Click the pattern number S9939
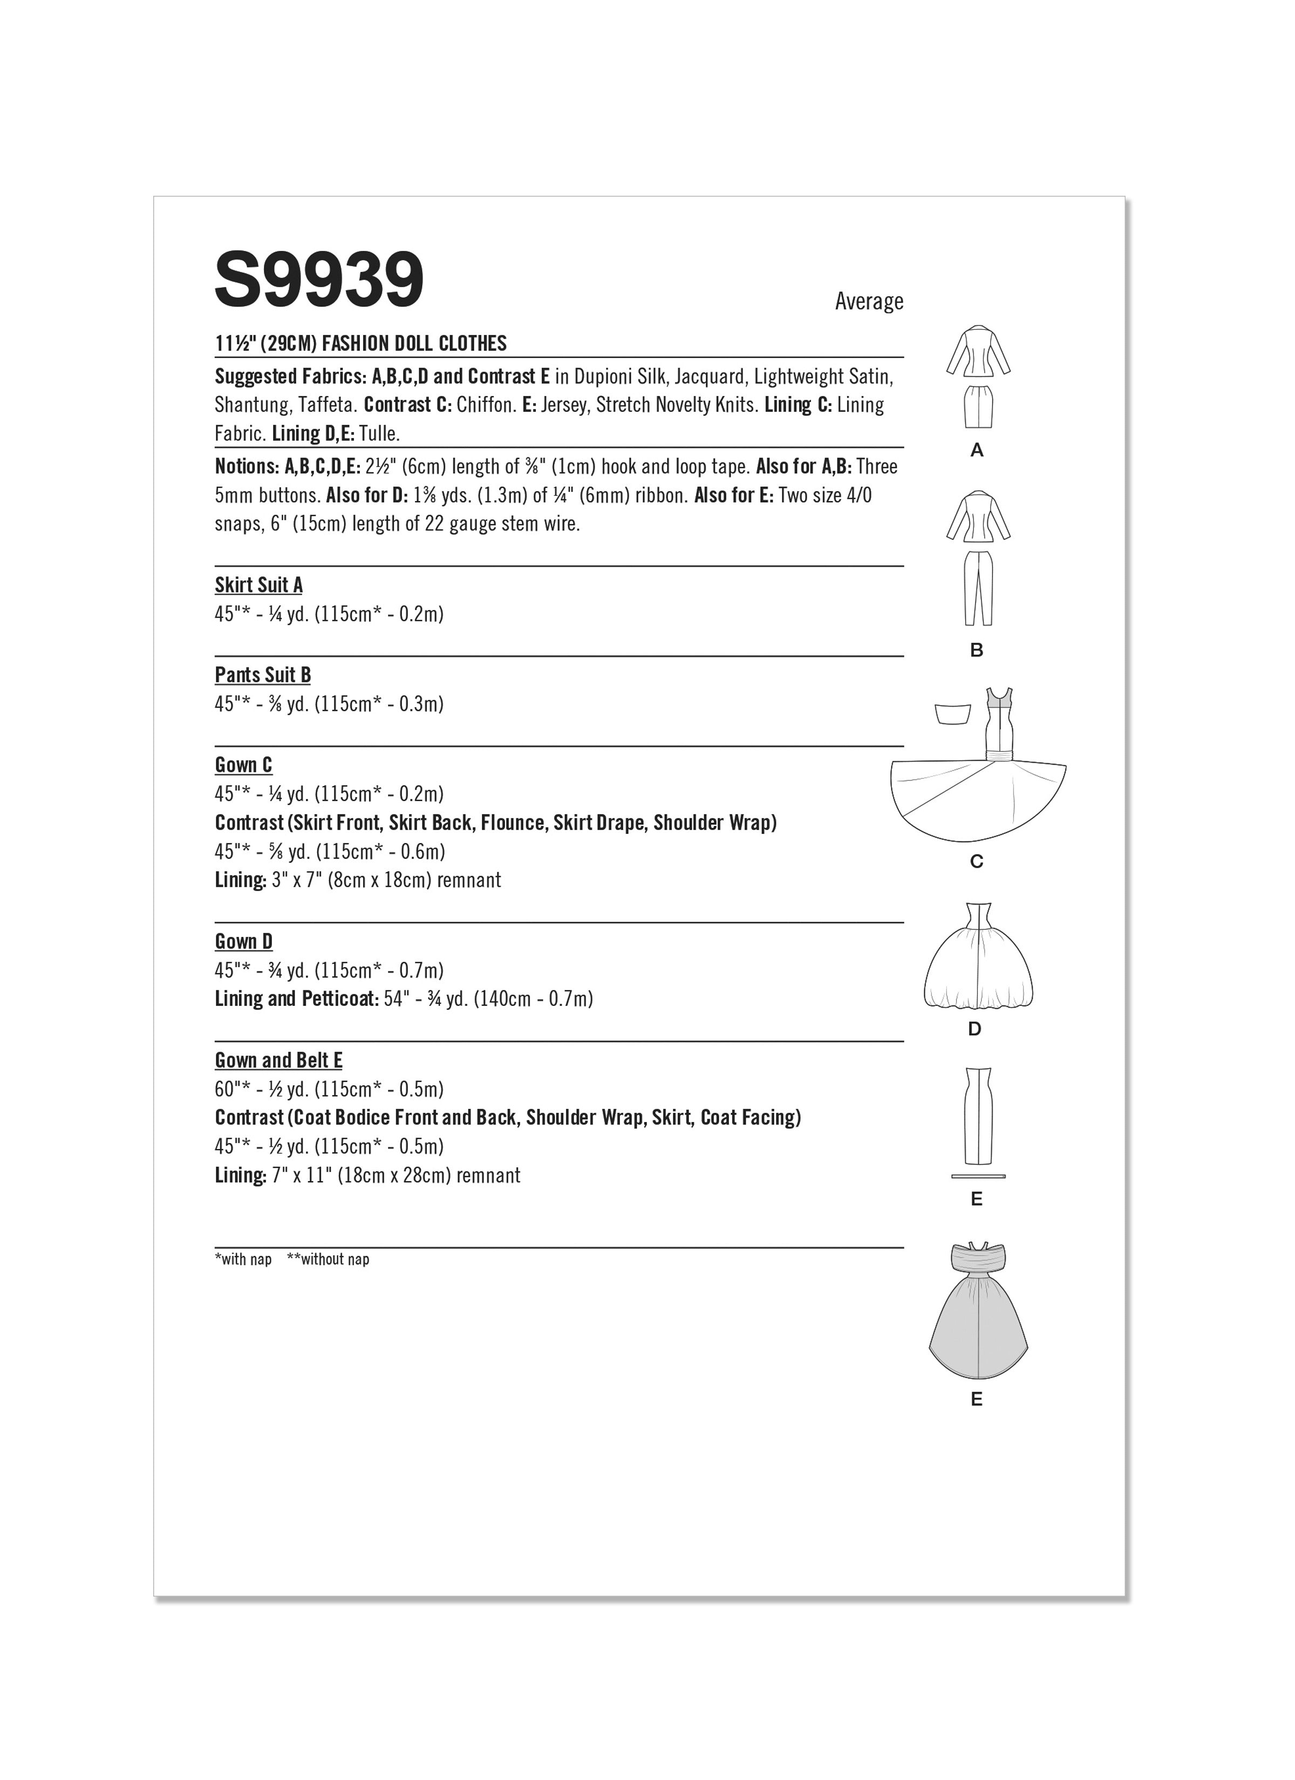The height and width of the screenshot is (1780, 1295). [x=319, y=280]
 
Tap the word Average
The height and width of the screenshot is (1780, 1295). [x=869, y=302]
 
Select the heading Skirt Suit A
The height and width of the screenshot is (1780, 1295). [x=258, y=585]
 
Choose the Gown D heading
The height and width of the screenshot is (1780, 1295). [x=243, y=941]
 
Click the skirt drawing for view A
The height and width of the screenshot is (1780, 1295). [x=978, y=407]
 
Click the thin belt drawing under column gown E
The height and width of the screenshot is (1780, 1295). [x=978, y=1176]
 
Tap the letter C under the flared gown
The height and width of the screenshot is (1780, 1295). [x=976, y=862]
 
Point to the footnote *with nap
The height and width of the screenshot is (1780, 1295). [x=243, y=1259]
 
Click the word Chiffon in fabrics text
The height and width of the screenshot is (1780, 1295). [x=485, y=405]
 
